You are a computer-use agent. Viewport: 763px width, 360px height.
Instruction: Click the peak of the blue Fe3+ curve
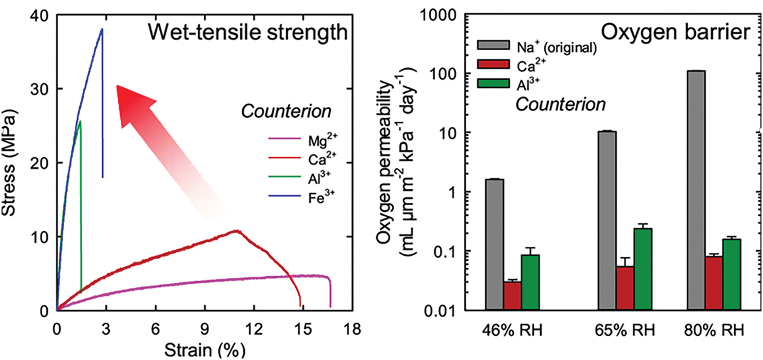coord(102,29)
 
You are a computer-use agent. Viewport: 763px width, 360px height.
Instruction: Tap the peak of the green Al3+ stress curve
coord(80,121)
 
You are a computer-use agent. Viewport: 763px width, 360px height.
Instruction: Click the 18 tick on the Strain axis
coord(353,327)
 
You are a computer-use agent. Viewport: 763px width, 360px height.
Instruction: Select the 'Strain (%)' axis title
coord(205,349)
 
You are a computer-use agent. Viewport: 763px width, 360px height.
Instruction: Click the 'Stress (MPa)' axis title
coord(14,163)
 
